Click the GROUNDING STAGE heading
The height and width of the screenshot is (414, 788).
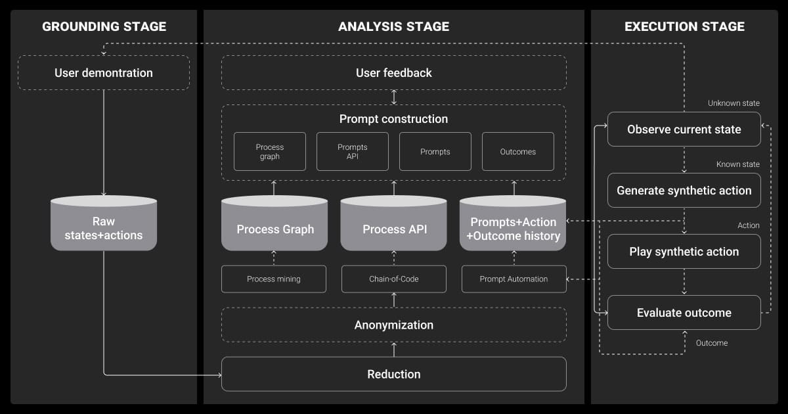tap(104, 27)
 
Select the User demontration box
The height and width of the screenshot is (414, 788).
tap(104, 73)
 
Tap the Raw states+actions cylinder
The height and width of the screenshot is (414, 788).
tap(104, 227)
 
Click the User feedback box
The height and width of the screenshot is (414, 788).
tap(394, 73)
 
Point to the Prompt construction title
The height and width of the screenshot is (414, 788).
tap(394, 119)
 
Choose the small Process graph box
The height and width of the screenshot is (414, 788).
tap(270, 152)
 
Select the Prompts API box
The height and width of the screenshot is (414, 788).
tap(353, 152)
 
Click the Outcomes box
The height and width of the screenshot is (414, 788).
tap(518, 152)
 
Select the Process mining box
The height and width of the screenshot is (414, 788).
tap(274, 279)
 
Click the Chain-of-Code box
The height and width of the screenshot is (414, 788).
tap(394, 279)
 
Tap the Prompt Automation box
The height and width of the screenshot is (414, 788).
tap(514, 279)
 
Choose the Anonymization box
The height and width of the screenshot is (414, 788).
tap(394, 325)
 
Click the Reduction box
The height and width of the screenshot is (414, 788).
tap(394, 374)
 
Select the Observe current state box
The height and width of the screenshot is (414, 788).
tap(684, 129)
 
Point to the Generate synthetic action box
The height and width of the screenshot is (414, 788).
tap(684, 191)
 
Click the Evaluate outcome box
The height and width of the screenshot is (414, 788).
tap(684, 313)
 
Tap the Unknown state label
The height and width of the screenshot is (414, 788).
tap(733, 104)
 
